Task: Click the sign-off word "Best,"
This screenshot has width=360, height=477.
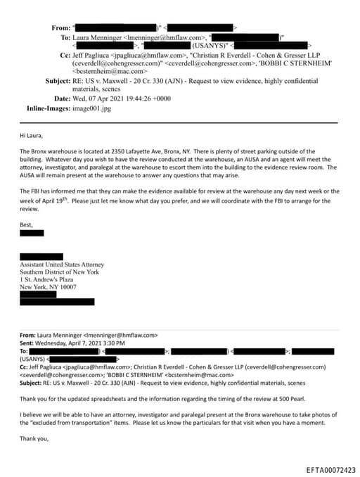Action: pyautogui.click(x=27, y=205)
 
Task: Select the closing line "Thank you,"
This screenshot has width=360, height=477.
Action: pyautogui.click(x=34, y=439)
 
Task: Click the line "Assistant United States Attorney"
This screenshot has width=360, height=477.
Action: pyautogui.click(x=60, y=265)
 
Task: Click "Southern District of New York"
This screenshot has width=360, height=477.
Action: pyautogui.click(x=59, y=272)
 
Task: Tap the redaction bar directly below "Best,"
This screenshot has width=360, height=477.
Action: pyautogui.click(x=32, y=213)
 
